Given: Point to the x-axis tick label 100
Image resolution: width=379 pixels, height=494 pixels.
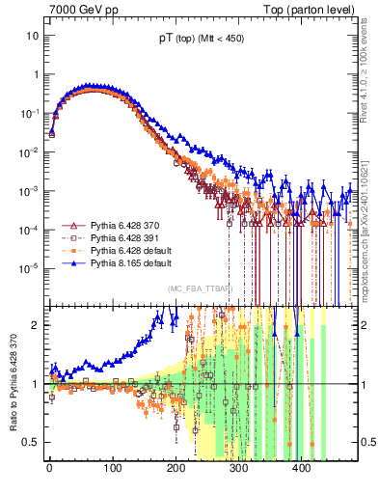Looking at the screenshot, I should click(x=112, y=468).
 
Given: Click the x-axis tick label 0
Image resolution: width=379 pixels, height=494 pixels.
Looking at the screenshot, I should click(x=49, y=468).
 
